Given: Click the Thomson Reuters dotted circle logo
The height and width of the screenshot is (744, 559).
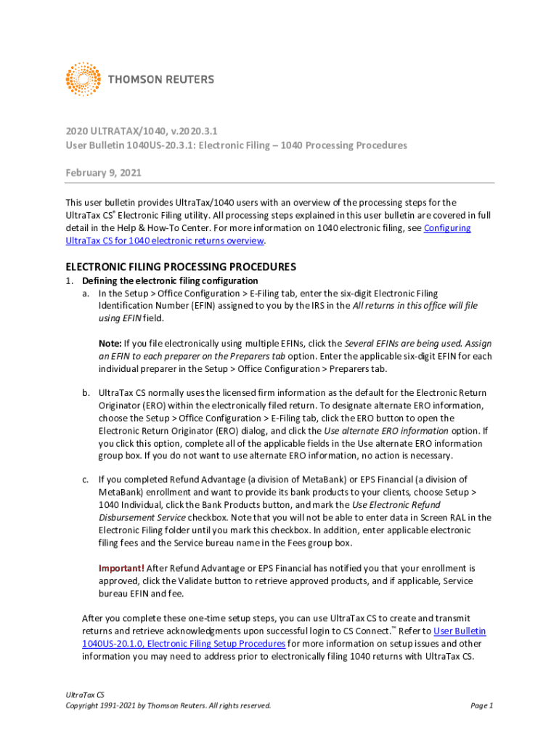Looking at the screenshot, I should click(x=83, y=79).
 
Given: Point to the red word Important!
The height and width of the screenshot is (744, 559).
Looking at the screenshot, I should click(x=121, y=567).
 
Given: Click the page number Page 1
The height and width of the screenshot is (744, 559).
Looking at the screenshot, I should click(x=481, y=705).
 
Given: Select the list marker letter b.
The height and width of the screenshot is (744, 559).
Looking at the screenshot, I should click(x=86, y=393).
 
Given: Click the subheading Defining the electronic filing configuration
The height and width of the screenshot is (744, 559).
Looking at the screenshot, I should click(x=170, y=280).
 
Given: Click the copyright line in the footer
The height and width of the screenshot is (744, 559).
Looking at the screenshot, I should click(x=168, y=705).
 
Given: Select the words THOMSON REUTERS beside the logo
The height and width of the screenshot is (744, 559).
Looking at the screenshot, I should click(x=161, y=79).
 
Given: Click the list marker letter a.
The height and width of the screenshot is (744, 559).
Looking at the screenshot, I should click(x=86, y=294).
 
